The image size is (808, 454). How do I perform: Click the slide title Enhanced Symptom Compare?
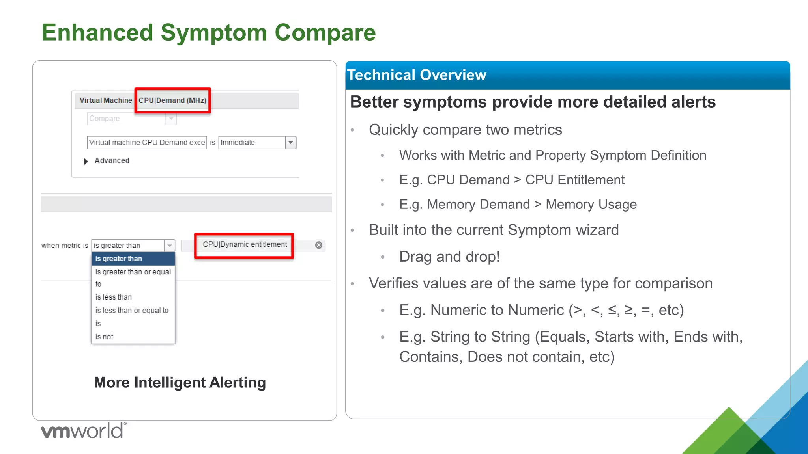tap(209, 32)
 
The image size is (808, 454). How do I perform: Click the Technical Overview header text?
tap(416, 75)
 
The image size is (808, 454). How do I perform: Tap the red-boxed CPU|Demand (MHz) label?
tap(172, 100)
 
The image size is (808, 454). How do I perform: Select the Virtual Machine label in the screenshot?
tap(105, 100)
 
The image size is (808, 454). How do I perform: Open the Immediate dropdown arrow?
tap(291, 143)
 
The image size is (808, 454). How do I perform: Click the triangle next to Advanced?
tap(86, 161)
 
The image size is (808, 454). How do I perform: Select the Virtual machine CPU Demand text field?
tap(147, 143)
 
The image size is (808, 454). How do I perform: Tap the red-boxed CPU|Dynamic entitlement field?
tap(245, 245)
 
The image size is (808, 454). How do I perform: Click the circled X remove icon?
tap(319, 245)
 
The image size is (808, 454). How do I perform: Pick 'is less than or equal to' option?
tap(132, 311)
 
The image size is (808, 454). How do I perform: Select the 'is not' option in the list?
tap(105, 337)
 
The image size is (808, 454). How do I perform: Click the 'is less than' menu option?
tap(114, 297)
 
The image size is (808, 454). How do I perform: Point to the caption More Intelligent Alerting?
tap(180, 382)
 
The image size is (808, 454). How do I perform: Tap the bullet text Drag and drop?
tap(449, 257)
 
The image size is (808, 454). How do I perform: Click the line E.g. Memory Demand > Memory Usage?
tap(518, 204)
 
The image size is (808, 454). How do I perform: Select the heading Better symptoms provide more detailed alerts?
tap(533, 102)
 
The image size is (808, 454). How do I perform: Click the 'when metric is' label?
tap(65, 246)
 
